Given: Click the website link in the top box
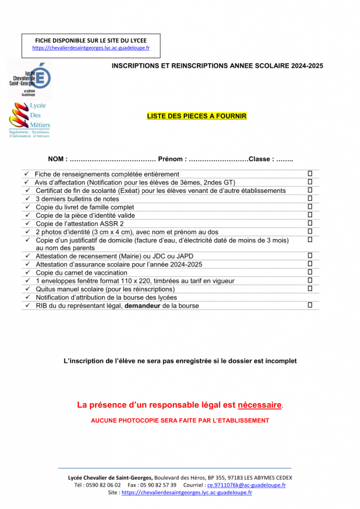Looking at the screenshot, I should click(x=91, y=48).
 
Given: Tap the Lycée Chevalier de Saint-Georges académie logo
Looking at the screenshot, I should click(x=29, y=80).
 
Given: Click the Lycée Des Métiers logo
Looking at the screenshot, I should click(x=29, y=119).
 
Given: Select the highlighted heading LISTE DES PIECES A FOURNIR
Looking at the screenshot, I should click(x=196, y=116).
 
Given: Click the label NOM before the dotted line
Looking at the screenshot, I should click(x=55, y=159).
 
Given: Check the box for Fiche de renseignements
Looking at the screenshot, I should click(x=310, y=173).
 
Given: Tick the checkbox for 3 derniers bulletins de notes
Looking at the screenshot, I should click(x=310, y=198).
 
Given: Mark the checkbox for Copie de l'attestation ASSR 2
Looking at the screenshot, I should click(x=310, y=223).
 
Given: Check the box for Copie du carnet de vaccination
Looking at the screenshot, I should click(x=310, y=272).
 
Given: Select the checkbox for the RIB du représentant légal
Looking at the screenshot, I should click(x=310, y=305).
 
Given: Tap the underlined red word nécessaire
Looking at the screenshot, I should click(x=260, y=405).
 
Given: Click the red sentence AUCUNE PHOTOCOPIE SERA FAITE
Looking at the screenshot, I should click(x=180, y=421).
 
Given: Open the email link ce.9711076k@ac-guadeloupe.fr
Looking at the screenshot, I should click(x=247, y=485).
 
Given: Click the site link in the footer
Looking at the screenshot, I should click(x=186, y=493).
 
